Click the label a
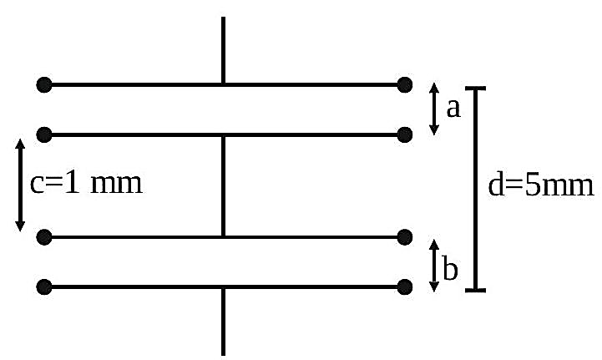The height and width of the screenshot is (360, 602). [x=453, y=109]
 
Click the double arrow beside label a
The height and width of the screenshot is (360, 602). [x=434, y=109]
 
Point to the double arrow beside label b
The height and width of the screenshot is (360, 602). [x=434, y=266]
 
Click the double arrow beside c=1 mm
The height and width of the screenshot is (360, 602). [x=20, y=185]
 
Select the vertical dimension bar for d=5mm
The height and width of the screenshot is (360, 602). [x=476, y=189]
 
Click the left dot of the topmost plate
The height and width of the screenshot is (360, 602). [x=44, y=84]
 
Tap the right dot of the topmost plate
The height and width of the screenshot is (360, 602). [x=405, y=84]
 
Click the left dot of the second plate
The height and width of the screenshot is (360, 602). [x=44, y=134]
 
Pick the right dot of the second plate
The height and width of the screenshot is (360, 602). [x=405, y=134]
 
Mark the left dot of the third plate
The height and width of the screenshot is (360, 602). [x=44, y=237]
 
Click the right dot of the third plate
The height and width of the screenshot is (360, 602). [x=405, y=237]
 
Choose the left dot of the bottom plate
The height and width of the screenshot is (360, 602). [x=44, y=287]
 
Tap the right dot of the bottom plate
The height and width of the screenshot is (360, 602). [x=405, y=287]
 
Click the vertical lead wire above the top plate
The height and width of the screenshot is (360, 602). [x=223, y=50]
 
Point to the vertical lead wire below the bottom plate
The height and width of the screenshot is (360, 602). [x=223, y=322]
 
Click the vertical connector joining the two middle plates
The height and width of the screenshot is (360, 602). [x=223, y=186]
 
